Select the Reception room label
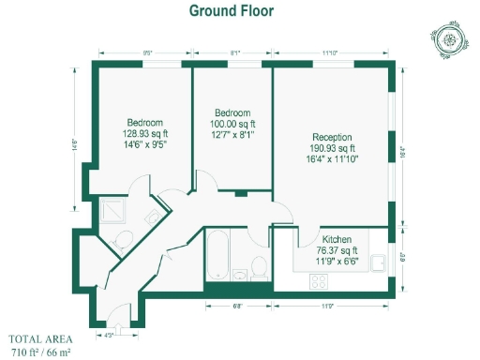click(333, 137)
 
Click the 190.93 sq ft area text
click(333, 148)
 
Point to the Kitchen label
click(337, 239)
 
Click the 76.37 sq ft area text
click(337, 250)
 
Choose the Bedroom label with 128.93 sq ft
click(145, 123)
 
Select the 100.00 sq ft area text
click(232, 122)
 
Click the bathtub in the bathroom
click(217, 253)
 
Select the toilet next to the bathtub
click(259, 270)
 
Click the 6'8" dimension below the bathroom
click(238, 306)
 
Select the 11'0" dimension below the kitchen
click(328, 306)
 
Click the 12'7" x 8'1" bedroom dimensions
click(232, 133)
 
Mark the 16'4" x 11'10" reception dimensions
click(333, 158)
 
